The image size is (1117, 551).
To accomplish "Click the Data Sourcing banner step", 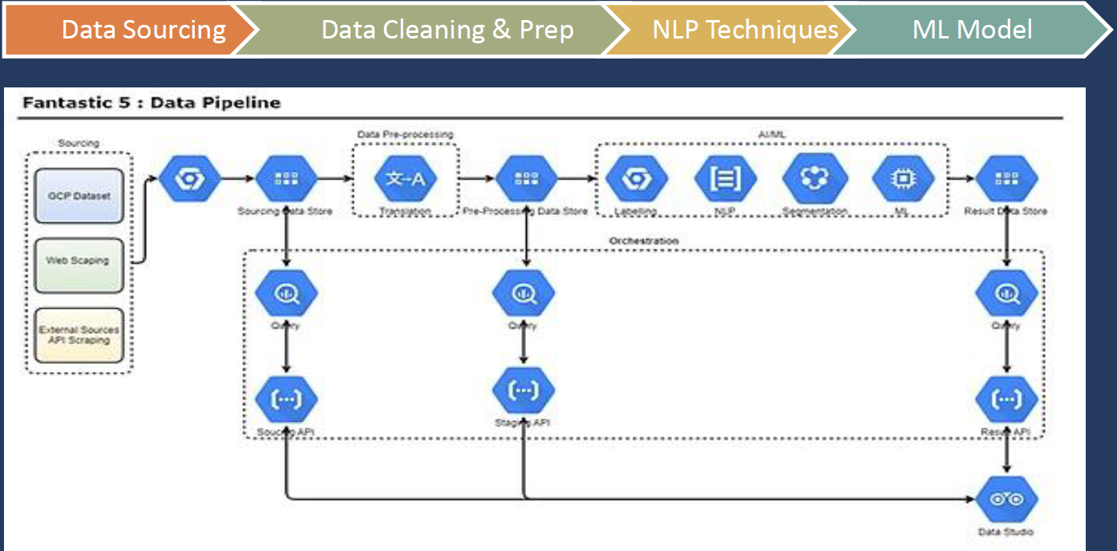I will [132, 30].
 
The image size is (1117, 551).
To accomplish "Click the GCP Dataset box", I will [79, 196].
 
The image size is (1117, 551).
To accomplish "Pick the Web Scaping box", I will [79, 261].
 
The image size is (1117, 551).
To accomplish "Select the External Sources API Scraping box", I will [79, 334].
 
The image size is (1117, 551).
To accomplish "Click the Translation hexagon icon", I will [405, 179].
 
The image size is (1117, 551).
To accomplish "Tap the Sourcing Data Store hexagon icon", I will [286, 179].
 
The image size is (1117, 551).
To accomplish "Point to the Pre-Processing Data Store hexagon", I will [525, 179].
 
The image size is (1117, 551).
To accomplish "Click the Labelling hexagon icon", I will [637, 179].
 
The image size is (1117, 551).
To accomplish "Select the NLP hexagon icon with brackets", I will [726, 179].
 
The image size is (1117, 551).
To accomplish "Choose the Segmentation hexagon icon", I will [815, 179].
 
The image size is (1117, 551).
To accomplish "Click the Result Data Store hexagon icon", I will [1006, 179].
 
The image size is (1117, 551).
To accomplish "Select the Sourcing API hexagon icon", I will [286, 398].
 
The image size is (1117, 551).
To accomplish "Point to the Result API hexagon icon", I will [1006, 398].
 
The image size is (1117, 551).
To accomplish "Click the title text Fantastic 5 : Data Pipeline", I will [152, 103].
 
